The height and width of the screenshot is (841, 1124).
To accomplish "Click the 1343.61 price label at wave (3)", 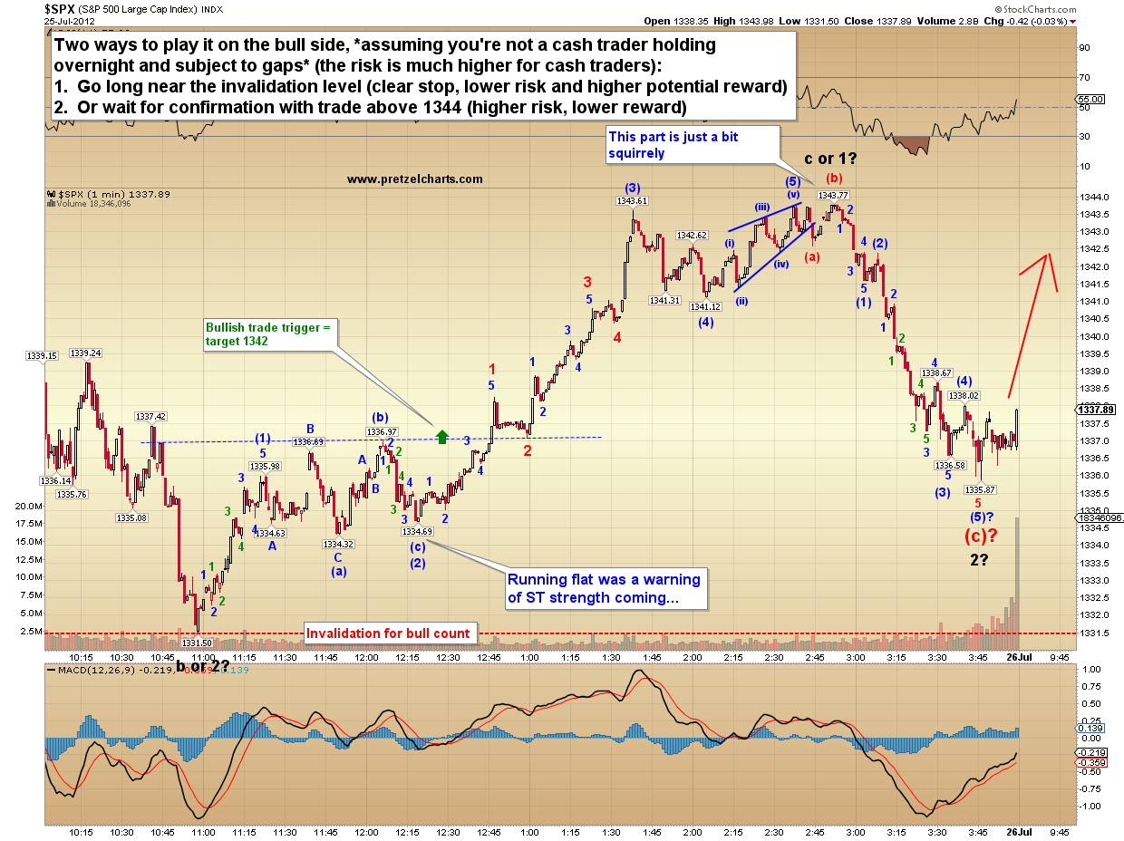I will click(x=632, y=201).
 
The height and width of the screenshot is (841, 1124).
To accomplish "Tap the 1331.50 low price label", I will click(x=197, y=643).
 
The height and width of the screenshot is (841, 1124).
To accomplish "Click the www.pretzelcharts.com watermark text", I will click(x=414, y=179).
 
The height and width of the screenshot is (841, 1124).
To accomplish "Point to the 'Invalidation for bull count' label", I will click(x=388, y=633).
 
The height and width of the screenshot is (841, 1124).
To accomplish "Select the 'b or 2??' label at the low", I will click(x=203, y=667).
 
